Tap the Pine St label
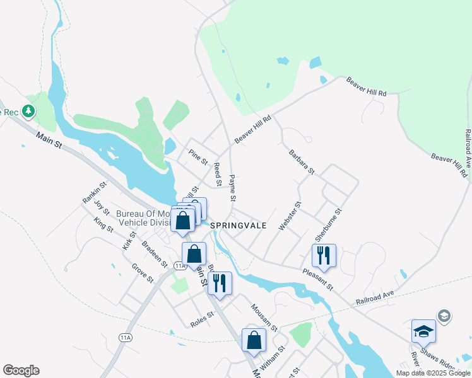tap(199, 156)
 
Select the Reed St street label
tap(218, 175)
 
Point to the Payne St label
tap(232, 188)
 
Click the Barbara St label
tap(302, 161)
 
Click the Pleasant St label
tap(317, 278)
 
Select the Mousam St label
tap(264, 317)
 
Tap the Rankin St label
tap(94, 192)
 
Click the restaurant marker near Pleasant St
tap(324, 256)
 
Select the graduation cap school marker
tap(423, 330)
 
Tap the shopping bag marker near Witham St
tap(254, 340)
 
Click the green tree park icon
tap(28, 112)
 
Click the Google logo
tap(21, 370)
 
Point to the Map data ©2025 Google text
tap(433, 373)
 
